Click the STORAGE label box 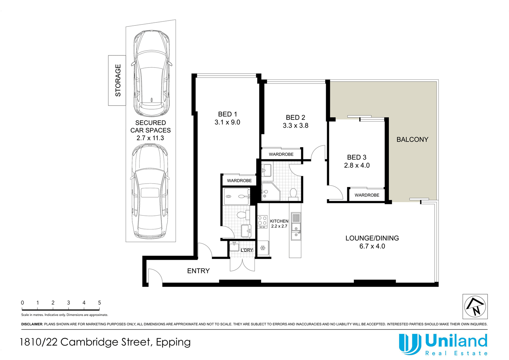click(117, 80)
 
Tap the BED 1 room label click(227, 114)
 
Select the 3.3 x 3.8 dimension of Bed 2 click(296, 126)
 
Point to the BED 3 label click(357, 157)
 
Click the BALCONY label click(412, 139)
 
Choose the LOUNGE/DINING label click(372, 238)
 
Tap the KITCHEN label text click(279, 221)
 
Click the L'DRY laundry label click(247, 250)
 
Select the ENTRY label click(199, 271)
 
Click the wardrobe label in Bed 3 click(367, 195)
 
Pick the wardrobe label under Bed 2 click(281, 154)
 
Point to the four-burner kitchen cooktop click(262, 221)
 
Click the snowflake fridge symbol click(263, 248)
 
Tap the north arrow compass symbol click(475, 306)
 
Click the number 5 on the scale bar click(99, 303)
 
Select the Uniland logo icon click(410, 344)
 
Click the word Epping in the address click(173, 342)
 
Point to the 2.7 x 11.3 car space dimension click(150, 138)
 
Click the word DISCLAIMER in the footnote click(32, 324)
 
